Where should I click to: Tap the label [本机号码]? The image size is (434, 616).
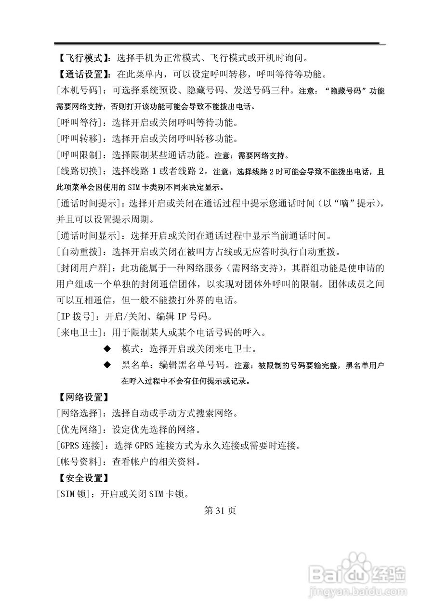coord(79,90)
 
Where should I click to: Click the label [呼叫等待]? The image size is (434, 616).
coord(79,123)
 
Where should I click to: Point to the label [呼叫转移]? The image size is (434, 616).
coord(79,139)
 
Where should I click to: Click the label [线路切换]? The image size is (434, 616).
coord(79,171)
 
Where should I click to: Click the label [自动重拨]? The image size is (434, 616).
coord(79,252)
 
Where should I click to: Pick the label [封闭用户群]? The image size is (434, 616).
coord(84,268)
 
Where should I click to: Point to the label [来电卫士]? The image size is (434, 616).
coord(79,333)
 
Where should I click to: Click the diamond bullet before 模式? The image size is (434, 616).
coord(107,349)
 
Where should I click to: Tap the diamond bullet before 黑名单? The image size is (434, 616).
coord(107,365)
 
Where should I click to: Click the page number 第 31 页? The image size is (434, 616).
coord(220,511)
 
